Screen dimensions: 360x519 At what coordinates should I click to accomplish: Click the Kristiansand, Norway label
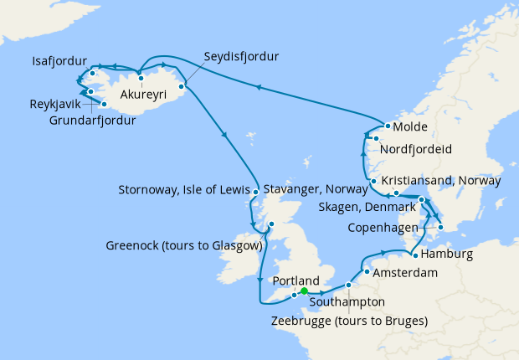coord(441,180)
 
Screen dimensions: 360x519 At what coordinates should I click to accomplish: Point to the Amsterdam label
coord(407,273)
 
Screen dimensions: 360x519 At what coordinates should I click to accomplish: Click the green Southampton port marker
coord(304,291)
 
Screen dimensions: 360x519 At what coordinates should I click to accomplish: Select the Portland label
coord(296,280)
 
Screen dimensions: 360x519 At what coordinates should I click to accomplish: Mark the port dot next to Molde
coord(388,127)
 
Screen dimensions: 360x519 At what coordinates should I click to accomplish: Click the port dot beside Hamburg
coord(414,254)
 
